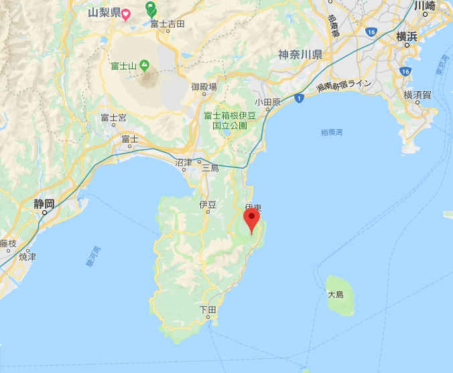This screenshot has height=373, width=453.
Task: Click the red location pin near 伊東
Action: click(x=251, y=218)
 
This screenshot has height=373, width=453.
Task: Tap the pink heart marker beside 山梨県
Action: click(x=125, y=13)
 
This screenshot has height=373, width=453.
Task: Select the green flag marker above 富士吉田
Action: click(x=151, y=9)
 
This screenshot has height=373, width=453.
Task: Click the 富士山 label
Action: click(x=123, y=66)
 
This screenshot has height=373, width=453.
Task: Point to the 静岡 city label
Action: click(x=44, y=203)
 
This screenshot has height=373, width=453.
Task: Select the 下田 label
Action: click(x=208, y=310)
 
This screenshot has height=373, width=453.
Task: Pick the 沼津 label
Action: click(x=183, y=163)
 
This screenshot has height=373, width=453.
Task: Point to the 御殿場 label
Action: click(x=204, y=86)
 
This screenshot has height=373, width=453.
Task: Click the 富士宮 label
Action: click(x=113, y=118)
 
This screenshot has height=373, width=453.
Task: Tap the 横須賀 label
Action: click(x=417, y=96)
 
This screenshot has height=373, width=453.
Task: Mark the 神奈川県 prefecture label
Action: click(x=300, y=54)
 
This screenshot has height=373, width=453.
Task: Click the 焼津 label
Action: click(x=27, y=256)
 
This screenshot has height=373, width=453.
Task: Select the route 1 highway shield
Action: click(x=298, y=98)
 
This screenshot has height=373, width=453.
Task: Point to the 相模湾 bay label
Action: click(x=331, y=133)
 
